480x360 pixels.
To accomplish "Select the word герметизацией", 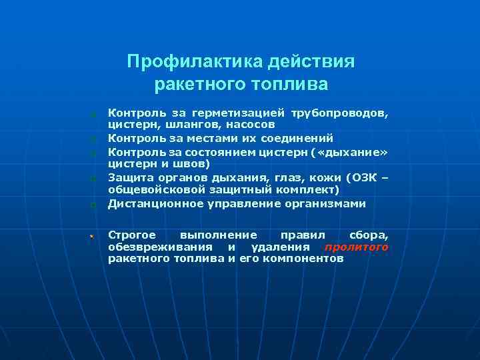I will pyautogui.click(x=239, y=114).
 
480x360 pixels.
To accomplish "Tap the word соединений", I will pyautogui.click(x=295, y=139).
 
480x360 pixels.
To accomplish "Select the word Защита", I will pyautogui.click(x=128, y=178).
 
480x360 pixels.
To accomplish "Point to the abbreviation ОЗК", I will pyautogui.click(x=361, y=178).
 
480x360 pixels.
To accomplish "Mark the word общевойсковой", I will pyautogui.click(x=152, y=189).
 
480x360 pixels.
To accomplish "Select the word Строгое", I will pyautogui.click(x=132, y=235).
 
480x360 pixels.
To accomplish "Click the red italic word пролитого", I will pyautogui.click(x=356, y=247).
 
